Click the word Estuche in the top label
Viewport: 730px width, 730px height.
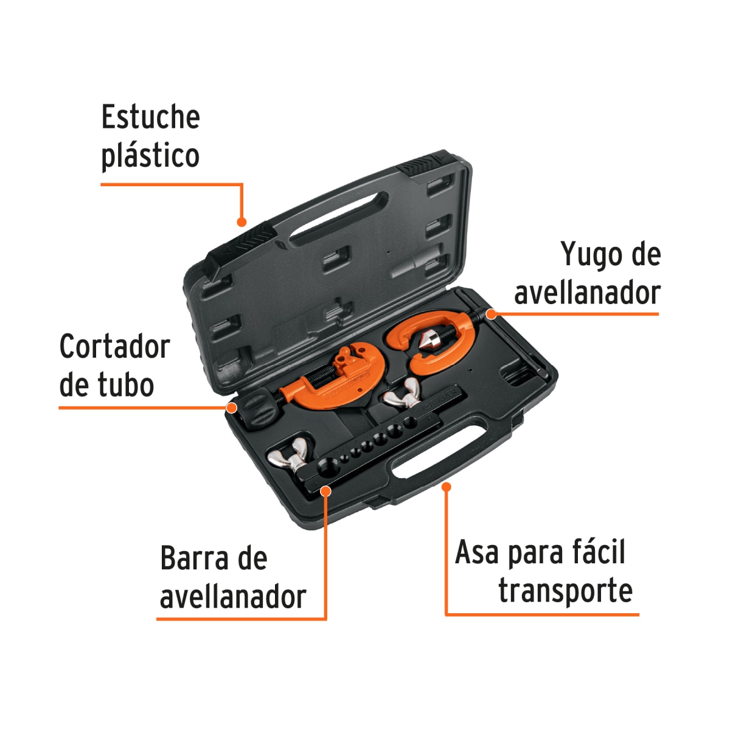click(150, 117)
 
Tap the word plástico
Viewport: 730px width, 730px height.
click(150, 156)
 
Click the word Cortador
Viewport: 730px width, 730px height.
click(114, 347)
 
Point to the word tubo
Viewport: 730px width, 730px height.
click(125, 386)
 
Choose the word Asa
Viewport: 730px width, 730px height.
click(476, 552)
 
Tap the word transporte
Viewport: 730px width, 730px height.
click(565, 591)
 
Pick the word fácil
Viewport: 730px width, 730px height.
click(599, 552)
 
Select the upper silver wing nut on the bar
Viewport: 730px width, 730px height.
click(402, 396)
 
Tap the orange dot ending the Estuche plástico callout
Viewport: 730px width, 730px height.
click(242, 222)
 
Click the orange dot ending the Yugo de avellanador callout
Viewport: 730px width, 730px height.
click(491, 315)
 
